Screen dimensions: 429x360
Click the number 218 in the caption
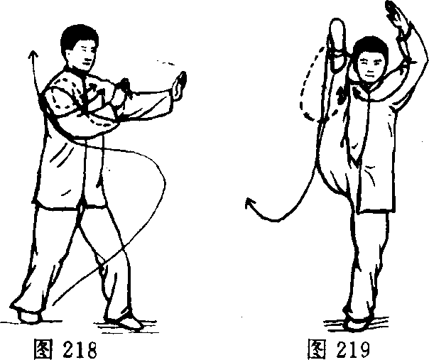80,349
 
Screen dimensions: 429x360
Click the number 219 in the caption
353,349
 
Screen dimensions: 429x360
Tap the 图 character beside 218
43,349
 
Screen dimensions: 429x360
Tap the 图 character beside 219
317,349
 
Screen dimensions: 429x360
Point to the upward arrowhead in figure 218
33,54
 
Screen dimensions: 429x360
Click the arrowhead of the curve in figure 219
250,204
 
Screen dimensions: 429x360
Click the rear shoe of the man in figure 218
28,316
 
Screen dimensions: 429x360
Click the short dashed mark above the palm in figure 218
165,62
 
